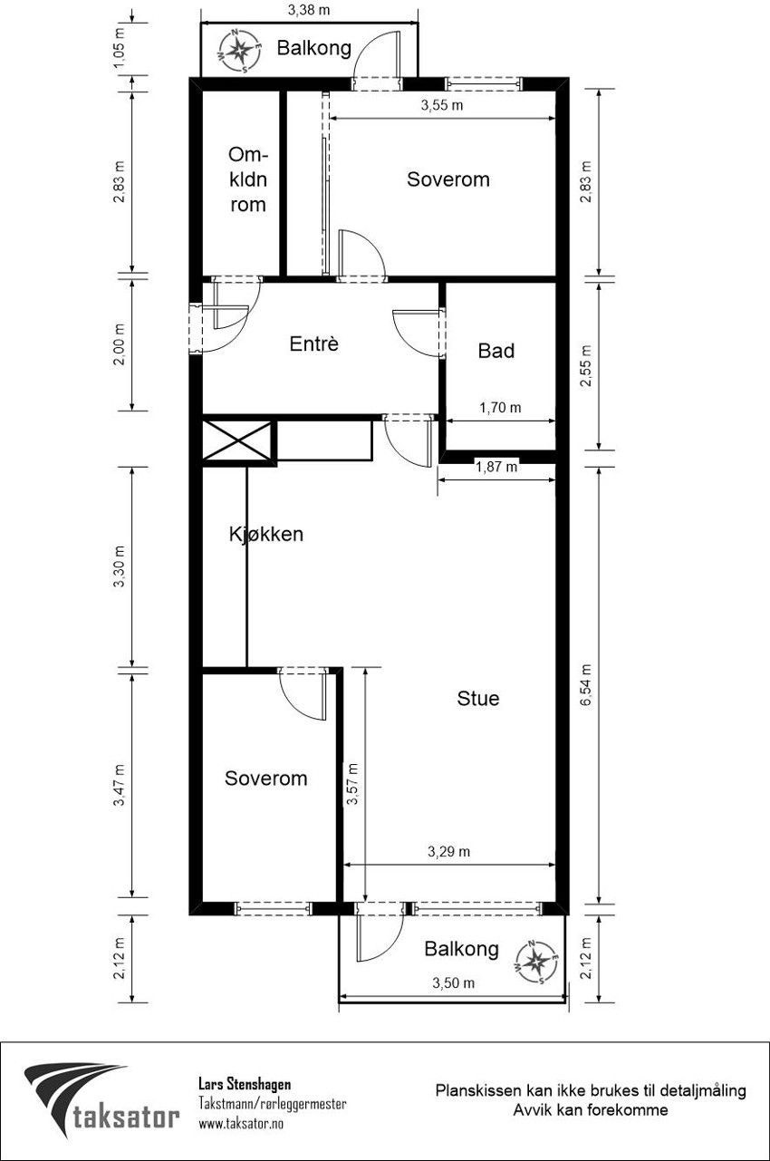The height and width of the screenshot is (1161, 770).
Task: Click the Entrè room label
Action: coord(313,343)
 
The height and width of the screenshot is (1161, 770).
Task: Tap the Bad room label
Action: coord(496,351)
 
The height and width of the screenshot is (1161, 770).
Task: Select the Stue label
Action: coord(477,698)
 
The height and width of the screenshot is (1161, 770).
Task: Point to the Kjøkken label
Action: coord(265,534)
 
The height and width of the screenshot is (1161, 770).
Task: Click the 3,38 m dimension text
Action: coord(309,10)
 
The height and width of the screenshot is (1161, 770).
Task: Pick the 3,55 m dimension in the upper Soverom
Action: coord(442,106)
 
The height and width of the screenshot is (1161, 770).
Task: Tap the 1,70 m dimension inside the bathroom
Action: coord(500,408)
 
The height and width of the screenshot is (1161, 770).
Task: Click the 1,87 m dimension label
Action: coord(496,467)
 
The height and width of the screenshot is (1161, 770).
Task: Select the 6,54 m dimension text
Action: coord(586,685)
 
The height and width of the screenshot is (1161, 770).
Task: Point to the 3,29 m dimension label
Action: coord(448,852)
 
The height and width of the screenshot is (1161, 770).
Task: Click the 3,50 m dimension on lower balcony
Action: coord(454,982)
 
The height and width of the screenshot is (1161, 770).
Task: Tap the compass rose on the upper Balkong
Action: coord(238,50)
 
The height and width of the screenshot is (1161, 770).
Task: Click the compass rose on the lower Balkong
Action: coord(537,962)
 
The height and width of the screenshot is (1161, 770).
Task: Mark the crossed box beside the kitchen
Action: coord(238,440)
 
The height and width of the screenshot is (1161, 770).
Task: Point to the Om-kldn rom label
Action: coord(248,179)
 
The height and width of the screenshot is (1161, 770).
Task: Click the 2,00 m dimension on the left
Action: coord(120,344)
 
